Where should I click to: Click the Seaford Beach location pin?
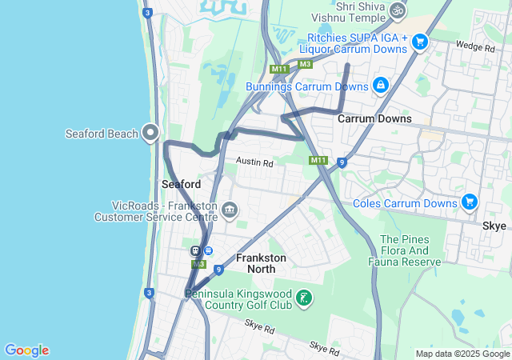pos(150,132)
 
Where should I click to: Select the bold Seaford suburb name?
pos(181,184)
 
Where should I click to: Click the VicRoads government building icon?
pos(230,210)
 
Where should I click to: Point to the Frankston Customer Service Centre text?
pos(156,217)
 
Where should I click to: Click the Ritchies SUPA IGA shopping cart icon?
pos(421,41)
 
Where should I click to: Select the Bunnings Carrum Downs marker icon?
pos(381,85)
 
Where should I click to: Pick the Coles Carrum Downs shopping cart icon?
pos(469,202)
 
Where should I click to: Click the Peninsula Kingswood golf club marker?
pos(304,298)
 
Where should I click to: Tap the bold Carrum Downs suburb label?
pos(374,118)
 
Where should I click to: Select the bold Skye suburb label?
pos(494,226)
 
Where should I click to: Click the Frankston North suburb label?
pos(261,263)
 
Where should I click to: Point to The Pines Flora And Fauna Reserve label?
pos(410,250)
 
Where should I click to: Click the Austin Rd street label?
pos(254,162)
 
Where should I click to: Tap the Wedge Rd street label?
pos(474,48)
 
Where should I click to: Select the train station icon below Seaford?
pos(195,250)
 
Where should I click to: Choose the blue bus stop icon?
pos(208,250)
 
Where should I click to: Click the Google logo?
pos(26,350)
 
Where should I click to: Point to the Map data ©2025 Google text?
pos(462,354)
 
